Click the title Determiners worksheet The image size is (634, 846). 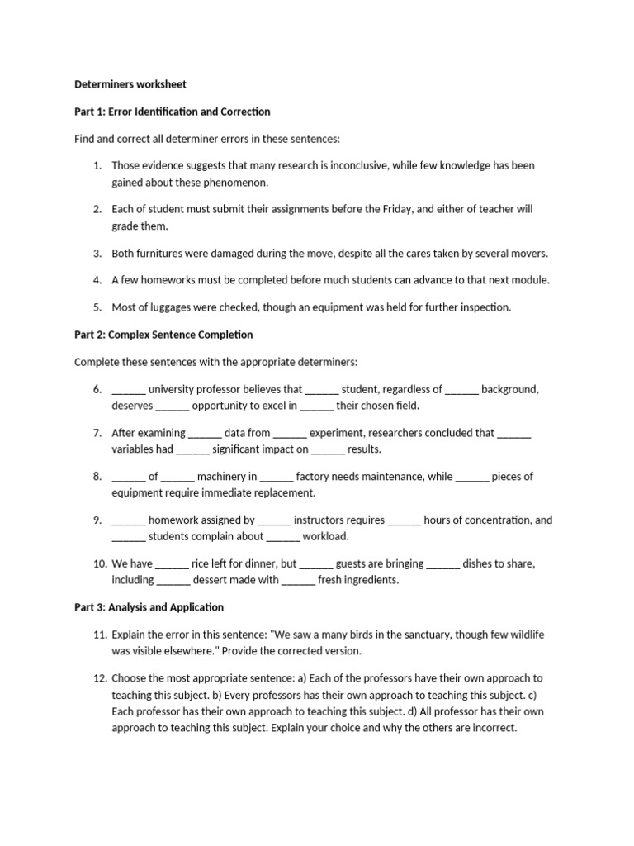130,84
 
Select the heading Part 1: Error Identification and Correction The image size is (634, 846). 173,112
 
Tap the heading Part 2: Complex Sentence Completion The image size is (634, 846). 163,335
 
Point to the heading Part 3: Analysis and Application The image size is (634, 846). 149,607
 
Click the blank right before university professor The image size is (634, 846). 128,389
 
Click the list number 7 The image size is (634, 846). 97,433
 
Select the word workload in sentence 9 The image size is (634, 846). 325,536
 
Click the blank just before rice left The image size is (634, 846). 172,563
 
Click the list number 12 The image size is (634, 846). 99,677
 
